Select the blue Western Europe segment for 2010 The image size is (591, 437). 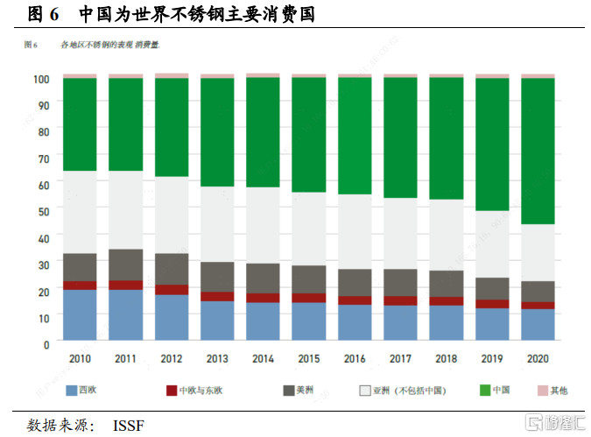point(80,314)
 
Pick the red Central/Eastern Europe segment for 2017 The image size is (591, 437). point(400,300)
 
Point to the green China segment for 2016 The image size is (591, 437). point(355,136)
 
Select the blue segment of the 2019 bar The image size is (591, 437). point(492,323)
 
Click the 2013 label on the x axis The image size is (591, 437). point(217,358)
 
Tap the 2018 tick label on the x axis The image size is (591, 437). point(446,358)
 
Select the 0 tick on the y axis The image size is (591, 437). point(46,343)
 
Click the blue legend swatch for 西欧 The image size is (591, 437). point(74,390)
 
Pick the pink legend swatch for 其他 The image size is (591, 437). point(542,390)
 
